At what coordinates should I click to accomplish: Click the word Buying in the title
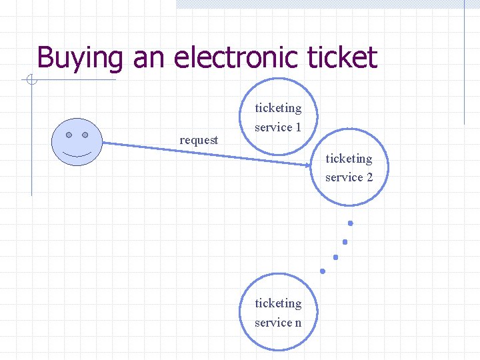(80, 58)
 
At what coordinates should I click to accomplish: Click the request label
(199, 140)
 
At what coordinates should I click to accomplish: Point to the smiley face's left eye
(69, 134)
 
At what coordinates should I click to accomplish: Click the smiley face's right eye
(85, 134)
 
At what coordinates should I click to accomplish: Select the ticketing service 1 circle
(278, 117)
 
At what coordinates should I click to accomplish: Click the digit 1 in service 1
(298, 127)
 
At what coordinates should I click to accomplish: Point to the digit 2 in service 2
(369, 177)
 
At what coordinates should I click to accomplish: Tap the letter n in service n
(297, 323)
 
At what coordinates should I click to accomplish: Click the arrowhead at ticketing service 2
(307, 162)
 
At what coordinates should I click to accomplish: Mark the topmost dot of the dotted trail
(349, 223)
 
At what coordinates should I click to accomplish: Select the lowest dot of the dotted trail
(323, 271)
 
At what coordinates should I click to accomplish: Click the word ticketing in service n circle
(278, 303)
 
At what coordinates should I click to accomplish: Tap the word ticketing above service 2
(349, 159)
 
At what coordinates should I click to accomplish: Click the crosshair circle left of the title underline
(31, 81)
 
